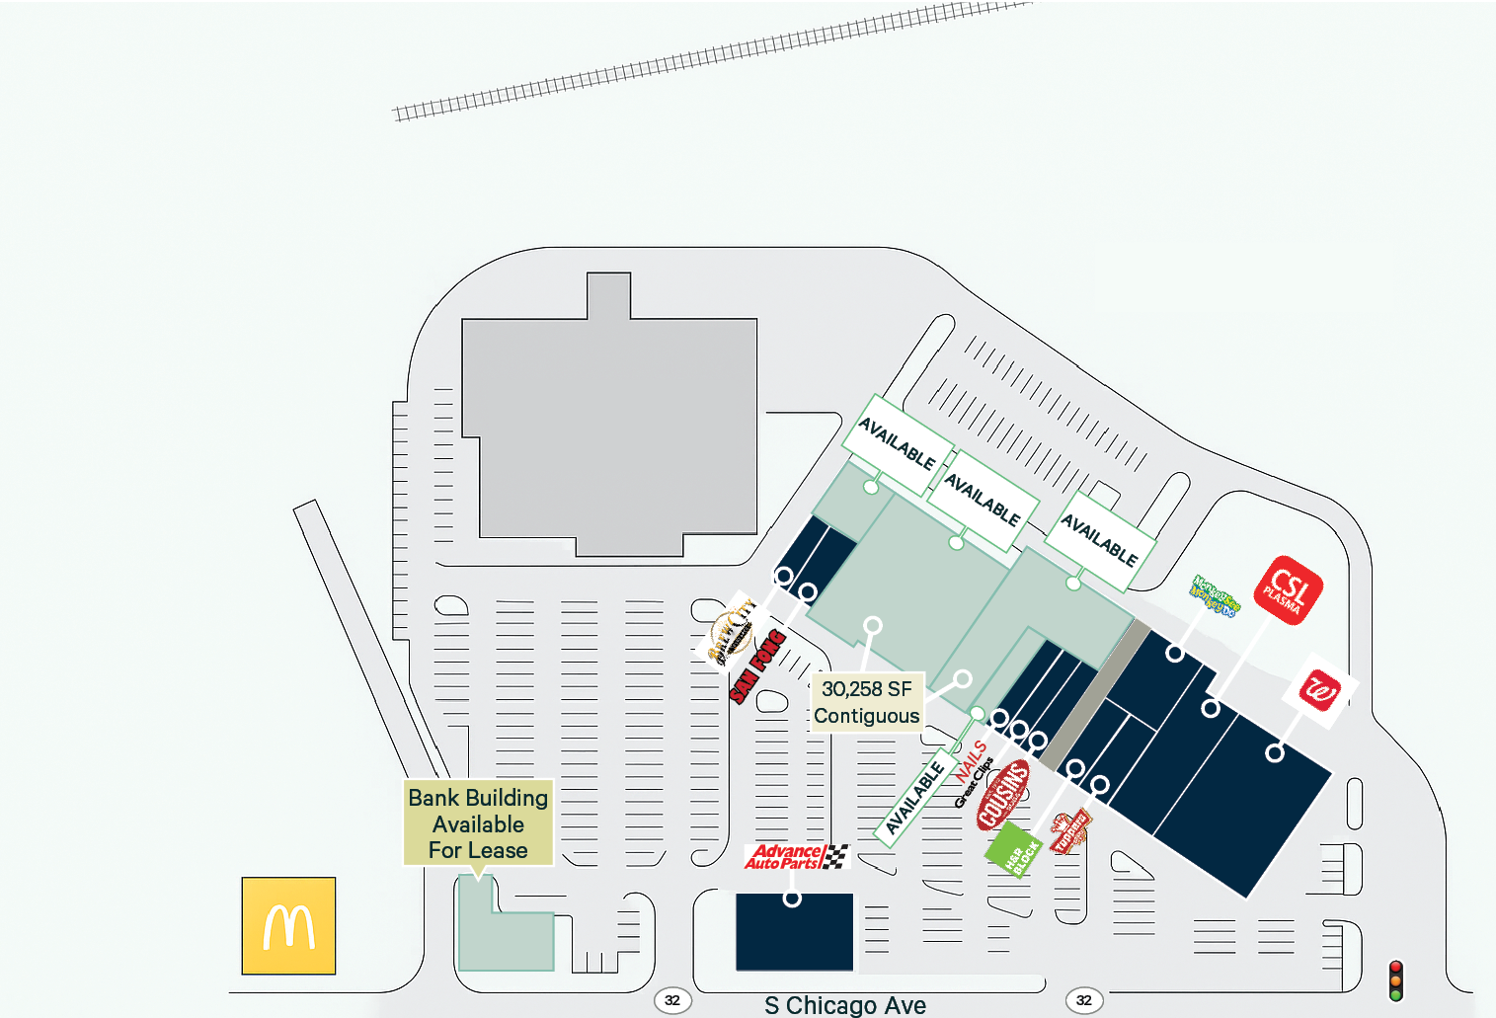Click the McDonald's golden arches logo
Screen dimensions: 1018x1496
[288, 926]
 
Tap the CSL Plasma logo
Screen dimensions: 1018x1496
[1288, 590]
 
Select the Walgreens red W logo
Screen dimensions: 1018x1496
[1320, 690]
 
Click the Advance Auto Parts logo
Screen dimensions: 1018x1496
[796, 856]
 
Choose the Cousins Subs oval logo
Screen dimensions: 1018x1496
[1002, 794]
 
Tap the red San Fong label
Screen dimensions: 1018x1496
[757, 666]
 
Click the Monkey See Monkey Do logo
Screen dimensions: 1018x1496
[1214, 596]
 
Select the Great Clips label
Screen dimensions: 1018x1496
[973, 783]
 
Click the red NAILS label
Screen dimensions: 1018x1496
[971, 760]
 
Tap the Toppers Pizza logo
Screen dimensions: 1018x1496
[1069, 830]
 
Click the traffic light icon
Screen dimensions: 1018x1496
[1395, 980]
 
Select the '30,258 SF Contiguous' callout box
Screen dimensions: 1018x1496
[866, 702]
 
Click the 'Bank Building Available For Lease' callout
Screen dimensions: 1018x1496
[478, 823]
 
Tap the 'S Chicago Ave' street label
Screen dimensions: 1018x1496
[845, 1005]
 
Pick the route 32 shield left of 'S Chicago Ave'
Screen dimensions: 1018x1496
[672, 1000]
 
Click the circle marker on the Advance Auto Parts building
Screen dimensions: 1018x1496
[792, 899]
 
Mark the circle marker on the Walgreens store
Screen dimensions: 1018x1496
[1275, 753]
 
